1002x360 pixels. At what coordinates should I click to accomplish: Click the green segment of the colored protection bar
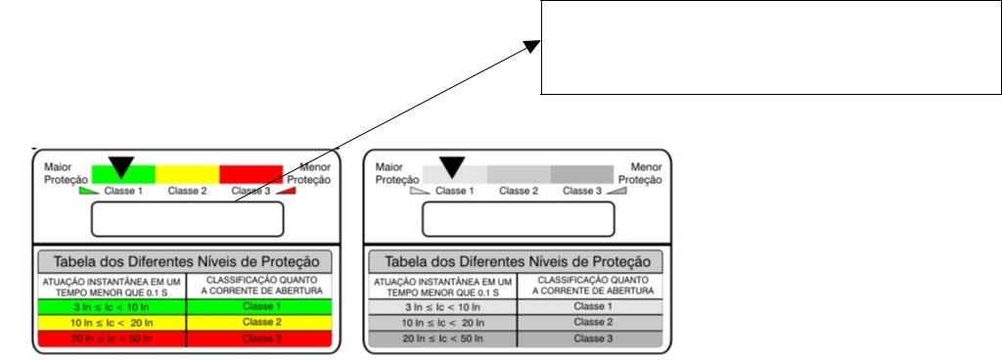tap(123, 174)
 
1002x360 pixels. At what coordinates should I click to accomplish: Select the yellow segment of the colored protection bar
tap(187, 174)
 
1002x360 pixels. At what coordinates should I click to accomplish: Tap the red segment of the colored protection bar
tap(251, 174)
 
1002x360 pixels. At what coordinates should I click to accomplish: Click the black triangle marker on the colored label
tap(120, 167)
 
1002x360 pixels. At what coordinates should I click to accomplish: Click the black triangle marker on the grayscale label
tap(452, 167)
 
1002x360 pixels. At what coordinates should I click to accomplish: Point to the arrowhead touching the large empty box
tap(532, 46)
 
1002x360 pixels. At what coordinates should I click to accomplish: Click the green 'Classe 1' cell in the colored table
tap(258, 306)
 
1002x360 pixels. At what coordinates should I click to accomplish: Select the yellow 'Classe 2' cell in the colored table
tap(258, 323)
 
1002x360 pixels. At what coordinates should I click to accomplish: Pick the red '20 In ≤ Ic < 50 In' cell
tap(112, 338)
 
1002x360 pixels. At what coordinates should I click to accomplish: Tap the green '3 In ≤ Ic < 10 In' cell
tap(112, 306)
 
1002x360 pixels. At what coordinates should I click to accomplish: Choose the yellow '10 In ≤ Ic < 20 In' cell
tap(112, 323)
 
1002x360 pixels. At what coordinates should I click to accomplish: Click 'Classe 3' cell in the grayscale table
tap(590, 338)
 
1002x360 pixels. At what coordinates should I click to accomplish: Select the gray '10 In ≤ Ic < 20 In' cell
tap(443, 323)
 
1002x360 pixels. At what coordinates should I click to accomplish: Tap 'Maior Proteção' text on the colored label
tap(59, 173)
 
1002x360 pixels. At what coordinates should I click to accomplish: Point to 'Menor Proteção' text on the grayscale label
tap(640, 173)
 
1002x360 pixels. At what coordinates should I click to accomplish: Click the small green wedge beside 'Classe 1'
tap(89, 190)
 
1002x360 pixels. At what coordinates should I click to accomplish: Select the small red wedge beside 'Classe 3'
tap(286, 190)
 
